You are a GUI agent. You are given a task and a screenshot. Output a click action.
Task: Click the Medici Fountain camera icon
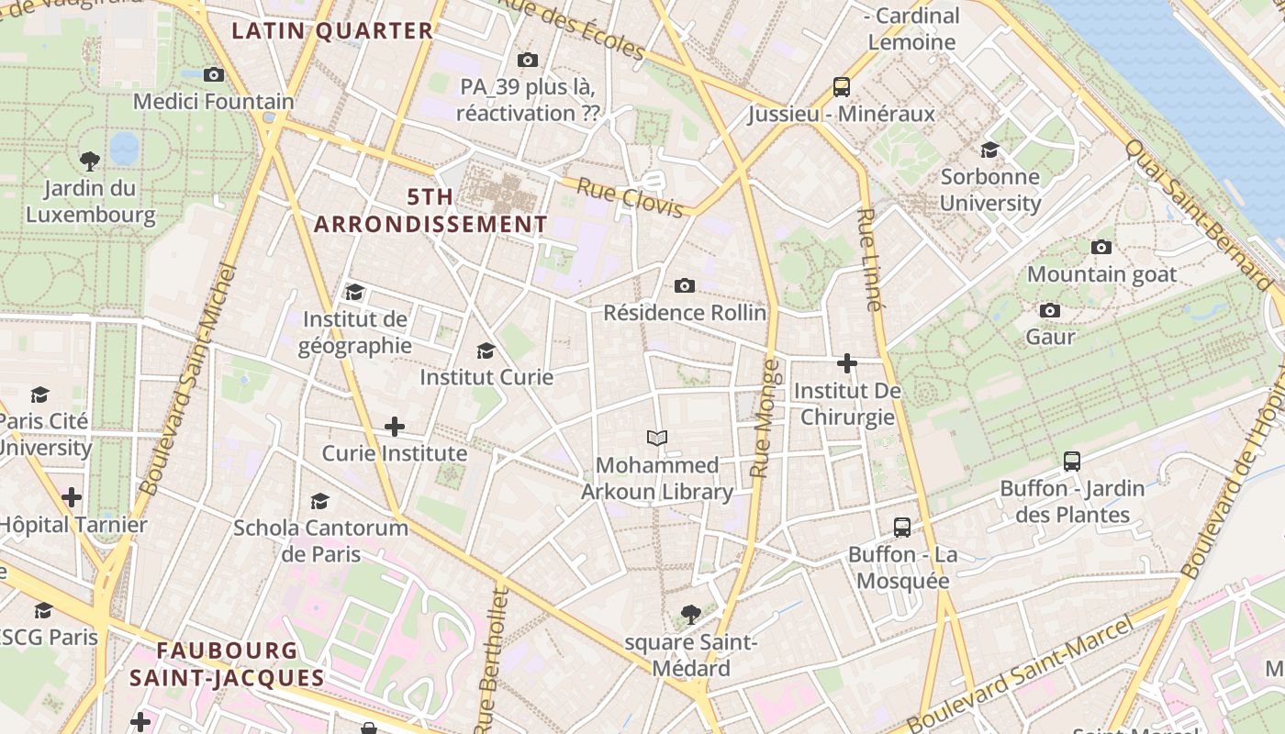click(x=214, y=74)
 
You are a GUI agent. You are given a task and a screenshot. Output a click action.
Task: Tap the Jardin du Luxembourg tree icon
click(x=90, y=161)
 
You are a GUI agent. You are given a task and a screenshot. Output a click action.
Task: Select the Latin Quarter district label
click(x=332, y=31)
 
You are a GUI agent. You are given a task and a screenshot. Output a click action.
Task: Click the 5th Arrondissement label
click(x=430, y=211)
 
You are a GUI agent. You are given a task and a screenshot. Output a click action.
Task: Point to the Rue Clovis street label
click(x=631, y=199)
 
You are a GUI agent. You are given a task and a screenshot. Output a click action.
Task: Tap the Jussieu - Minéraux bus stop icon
click(x=842, y=87)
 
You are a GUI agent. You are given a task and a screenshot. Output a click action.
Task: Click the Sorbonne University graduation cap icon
click(x=989, y=150)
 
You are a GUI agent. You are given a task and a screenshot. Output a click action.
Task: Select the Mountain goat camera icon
click(x=1101, y=247)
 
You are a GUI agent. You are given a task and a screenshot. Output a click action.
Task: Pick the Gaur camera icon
click(x=1050, y=310)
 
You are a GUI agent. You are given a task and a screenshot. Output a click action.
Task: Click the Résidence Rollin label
click(x=685, y=313)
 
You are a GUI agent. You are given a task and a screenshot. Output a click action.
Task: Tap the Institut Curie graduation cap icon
click(x=486, y=350)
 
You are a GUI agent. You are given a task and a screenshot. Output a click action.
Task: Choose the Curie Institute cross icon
click(x=395, y=427)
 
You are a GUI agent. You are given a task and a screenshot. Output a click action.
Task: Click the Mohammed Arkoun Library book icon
click(x=657, y=438)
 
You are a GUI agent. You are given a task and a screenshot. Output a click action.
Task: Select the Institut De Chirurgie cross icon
click(x=846, y=364)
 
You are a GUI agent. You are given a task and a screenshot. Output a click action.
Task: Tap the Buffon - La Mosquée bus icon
click(x=902, y=528)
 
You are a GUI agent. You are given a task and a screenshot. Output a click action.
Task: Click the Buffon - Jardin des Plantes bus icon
click(x=1071, y=462)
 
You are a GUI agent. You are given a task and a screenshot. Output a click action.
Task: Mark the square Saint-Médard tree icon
click(x=691, y=615)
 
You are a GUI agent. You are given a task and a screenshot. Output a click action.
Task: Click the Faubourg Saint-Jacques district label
click(x=227, y=664)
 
